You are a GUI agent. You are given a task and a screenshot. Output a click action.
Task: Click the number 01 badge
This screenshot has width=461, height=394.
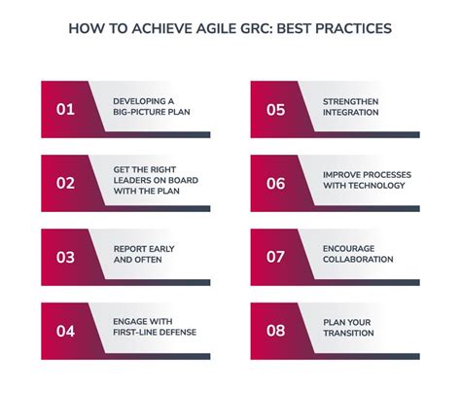pyautogui.click(x=65, y=109)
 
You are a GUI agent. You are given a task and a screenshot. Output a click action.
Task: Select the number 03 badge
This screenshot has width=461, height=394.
pyautogui.click(x=65, y=257)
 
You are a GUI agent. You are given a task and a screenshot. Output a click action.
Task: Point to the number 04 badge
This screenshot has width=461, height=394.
pyautogui.click(x=65, y=331)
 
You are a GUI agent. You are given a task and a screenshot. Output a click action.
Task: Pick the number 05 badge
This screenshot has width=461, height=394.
pyautogui.click(x=275, y=109)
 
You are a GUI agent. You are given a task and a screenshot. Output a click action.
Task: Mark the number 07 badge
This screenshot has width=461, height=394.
pyautogui.click(x=275, y=257)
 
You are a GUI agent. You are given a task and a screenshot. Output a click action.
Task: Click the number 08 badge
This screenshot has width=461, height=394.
pyautogui.click(x=275, y=331)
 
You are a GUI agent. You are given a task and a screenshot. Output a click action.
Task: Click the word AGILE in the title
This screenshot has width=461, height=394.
pyautogui.click(x=216, y=28)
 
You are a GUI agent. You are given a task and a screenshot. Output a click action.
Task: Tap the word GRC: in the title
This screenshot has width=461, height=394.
pyautogui.click(x=261, y=28)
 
